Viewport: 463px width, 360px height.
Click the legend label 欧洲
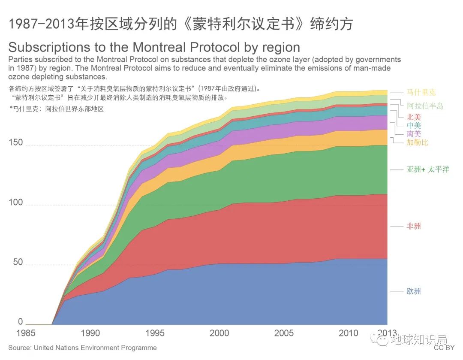pyautogui.click(x=413, y=291)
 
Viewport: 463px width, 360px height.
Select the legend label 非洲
pyautogui.click(x=413, y=226)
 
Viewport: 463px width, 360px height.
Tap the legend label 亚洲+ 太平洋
pyautogui.click(x=427, y=169)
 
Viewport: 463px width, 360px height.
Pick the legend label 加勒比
pyautogui.click(x=417, y=142)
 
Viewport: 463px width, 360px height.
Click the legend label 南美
pyautogui.click(x=413, y=134)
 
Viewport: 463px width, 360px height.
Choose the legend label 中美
pyautogui.click(x=413, y=125)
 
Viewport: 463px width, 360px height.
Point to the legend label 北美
pyautogui.click(x=413, y=117)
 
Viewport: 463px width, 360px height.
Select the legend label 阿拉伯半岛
pyautogui.click(x=425, y=106)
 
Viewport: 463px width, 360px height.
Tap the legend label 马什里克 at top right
pyautogui.click(x=421, y=92)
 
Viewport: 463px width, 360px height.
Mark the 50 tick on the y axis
pyautogui.click(x=18, y=262)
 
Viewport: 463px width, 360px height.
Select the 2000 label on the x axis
pyautogui.click(x=219, y=333)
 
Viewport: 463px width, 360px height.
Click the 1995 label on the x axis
pyautogui.click(x=154, y=333)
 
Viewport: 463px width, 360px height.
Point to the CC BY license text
pyautogui.click(x=444, y=348)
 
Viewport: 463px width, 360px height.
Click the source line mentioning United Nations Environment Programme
pyautogui.click(x=82, y=348)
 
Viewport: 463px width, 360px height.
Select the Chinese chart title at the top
pyautogui.click(x=180, y=24)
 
